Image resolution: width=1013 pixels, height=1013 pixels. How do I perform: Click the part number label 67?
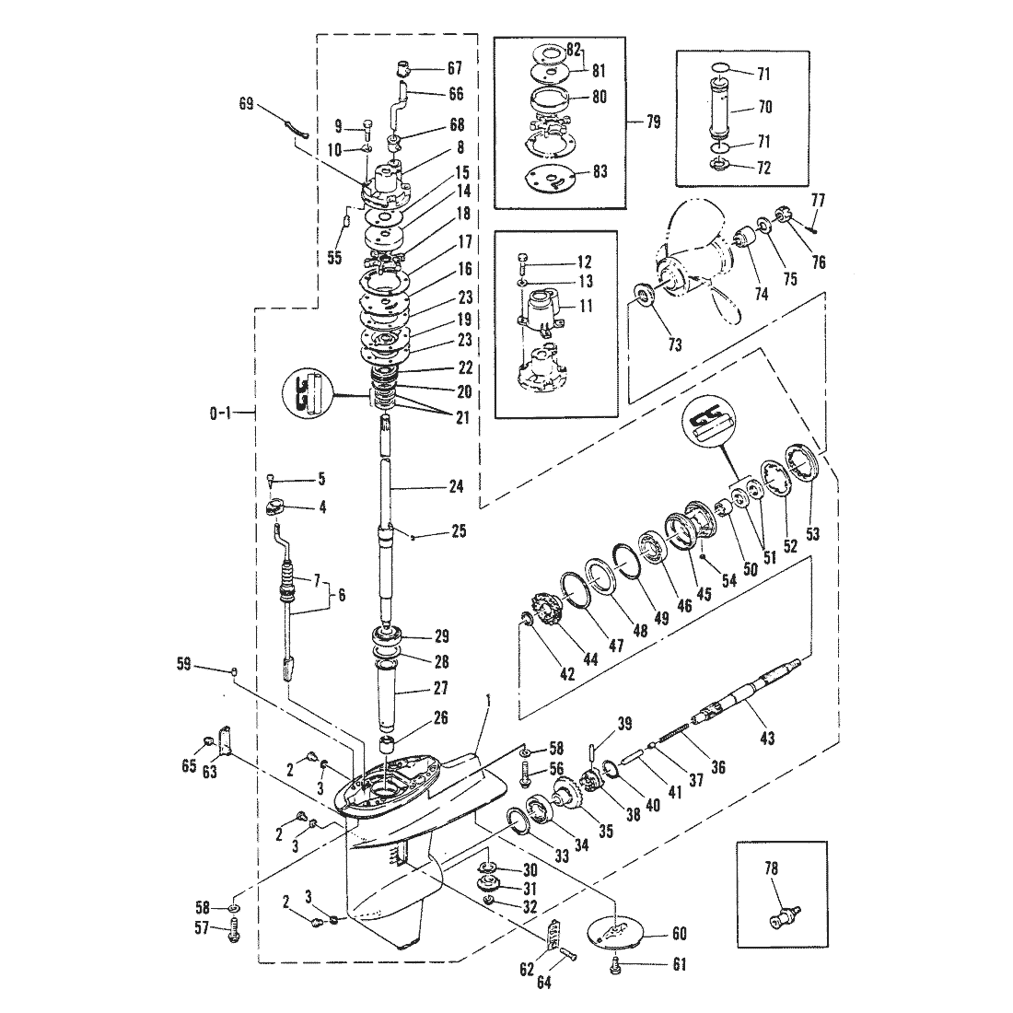[x=455, y=68]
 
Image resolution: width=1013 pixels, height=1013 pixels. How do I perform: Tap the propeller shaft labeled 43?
[x=746, y=693]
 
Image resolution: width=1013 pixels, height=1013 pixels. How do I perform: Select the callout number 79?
[x=654, y=122]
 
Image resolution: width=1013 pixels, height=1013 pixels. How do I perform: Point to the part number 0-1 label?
[x=220, y=413]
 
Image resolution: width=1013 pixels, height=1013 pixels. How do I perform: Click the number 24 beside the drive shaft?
[x=456, y=486]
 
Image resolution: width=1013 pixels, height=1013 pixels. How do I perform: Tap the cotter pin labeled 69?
[x=296, y=129]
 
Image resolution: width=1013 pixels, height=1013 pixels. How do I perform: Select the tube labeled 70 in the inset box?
[x=722, y=107]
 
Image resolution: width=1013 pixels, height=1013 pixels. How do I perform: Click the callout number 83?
[x=600, y=172]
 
